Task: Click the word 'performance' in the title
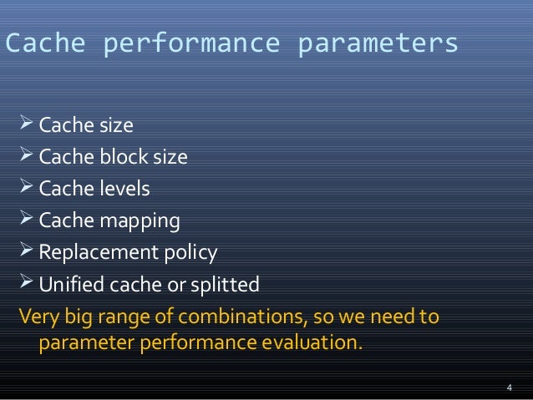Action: point(191,44)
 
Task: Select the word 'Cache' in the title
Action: point(46,44)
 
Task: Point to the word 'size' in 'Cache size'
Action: point(117,127)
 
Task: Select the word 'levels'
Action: point(125,190)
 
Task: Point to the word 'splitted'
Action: point(226,285)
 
